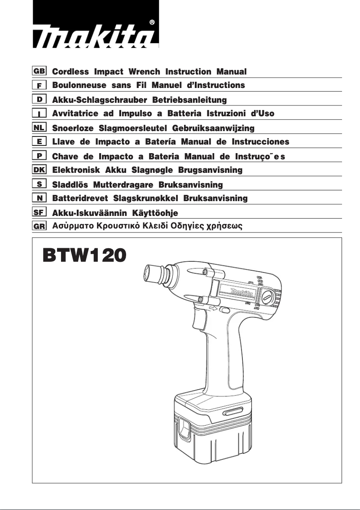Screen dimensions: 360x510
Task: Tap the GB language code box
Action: [39, 71]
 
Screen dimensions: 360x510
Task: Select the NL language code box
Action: [39, 127]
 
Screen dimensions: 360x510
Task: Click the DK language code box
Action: [39, 170]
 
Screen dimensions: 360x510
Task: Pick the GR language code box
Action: [39, 226]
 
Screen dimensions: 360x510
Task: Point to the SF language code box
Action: [39, 212]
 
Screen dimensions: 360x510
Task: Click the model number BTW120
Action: [84, 256]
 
